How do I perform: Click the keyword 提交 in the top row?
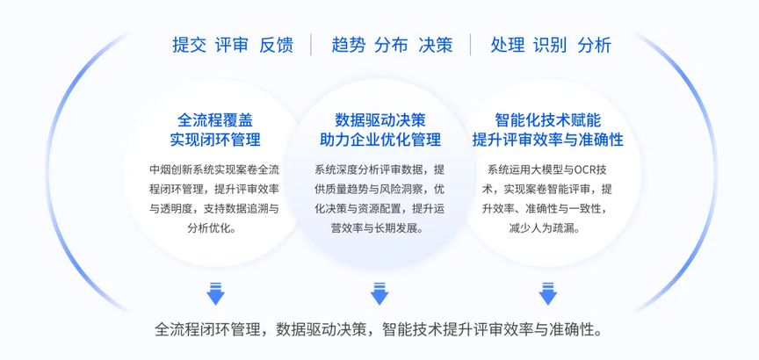point(189,45)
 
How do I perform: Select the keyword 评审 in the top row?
point(232,45)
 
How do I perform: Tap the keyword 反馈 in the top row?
point(277,45)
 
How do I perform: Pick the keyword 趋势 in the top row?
point(349,45)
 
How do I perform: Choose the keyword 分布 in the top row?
point(391,45)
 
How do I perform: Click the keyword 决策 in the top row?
point(436,45)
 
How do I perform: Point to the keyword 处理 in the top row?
point(508,45)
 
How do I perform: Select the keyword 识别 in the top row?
point(551,45)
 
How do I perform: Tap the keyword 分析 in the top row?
point(595,45)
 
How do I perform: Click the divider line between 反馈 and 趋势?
point(311,45)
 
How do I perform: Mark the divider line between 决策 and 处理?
point(470,45)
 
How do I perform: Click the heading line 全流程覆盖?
point(215,119)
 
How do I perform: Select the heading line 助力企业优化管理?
point(380,140)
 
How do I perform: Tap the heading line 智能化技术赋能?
point(548,119)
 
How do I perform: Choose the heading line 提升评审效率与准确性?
point(548,140)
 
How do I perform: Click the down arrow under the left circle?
point(215,294)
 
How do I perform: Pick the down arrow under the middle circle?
point(379,294)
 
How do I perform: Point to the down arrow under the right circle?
point(548,294)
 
